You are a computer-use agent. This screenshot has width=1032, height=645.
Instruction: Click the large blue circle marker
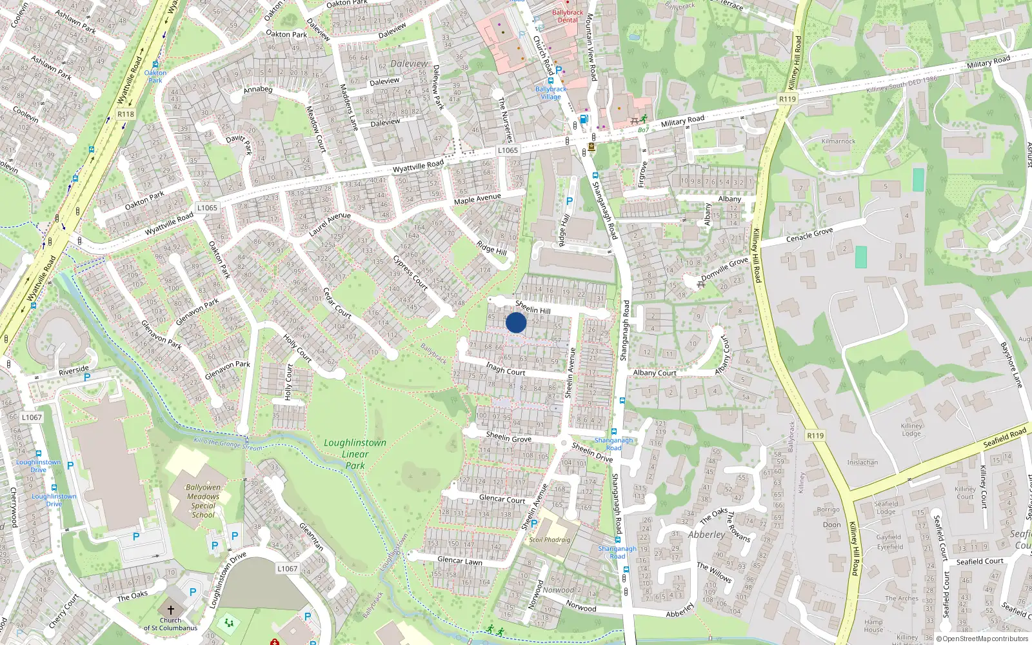pyautogui.click(x=516, y=322)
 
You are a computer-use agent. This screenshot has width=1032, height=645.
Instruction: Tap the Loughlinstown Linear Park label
pyautogui.click(x=355, y=454)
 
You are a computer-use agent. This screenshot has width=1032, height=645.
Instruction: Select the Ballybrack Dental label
pyautogui.click(x=568, y=16)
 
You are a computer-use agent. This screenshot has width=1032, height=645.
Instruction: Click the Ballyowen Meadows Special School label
pyautogui.click(x=203, y=501)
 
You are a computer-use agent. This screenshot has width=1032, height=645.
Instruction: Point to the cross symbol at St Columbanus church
pyautogui.click(x=171, y=610)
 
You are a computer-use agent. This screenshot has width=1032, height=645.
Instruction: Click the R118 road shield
pyautogui.click(x=126, y=114)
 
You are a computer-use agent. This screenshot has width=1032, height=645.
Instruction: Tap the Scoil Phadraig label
pyautogui.click(x=550, y=540)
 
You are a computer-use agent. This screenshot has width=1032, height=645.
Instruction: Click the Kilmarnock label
pyautogui.click(x=838, y=141)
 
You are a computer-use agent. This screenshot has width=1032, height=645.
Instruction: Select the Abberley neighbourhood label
pyautogui.click(x=706, y=535)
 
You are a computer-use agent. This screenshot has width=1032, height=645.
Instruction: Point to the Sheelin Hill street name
pyautogui.click(x=533, y=307)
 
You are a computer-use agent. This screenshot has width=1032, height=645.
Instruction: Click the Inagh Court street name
pyautogui.click(x=506, y=369)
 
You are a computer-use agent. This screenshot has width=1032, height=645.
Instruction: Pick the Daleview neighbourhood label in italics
pyautogui.click(x=409, y=64)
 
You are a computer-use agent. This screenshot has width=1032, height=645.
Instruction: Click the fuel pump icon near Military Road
pyautogui.click(x=584, y=119)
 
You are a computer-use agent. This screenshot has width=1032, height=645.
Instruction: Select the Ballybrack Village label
pyautogui.click(x=551, y=93)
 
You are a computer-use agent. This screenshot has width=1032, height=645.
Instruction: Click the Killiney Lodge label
pyautogui.click(x=911, y=430)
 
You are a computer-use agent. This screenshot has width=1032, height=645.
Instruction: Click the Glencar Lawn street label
pyautogui.click(x=460, y=561)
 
